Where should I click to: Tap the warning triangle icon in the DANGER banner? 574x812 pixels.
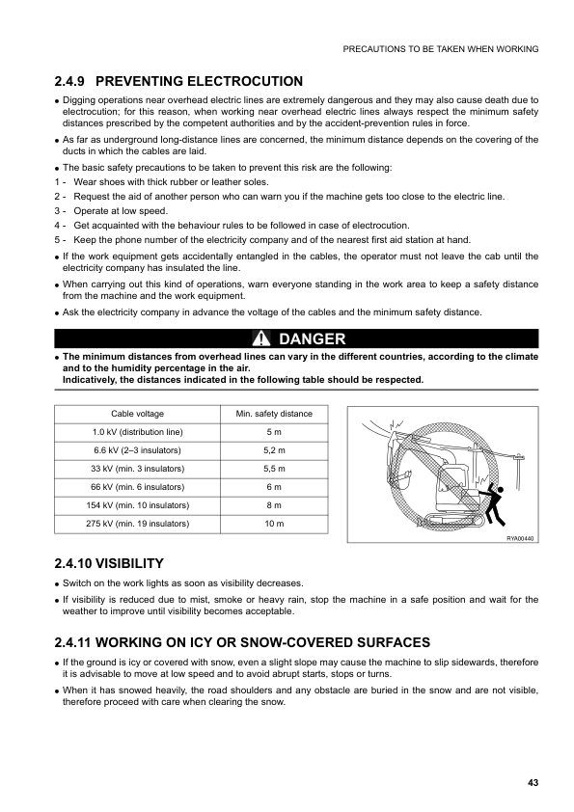coord(260,338)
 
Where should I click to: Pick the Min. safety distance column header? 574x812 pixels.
coord(273,414)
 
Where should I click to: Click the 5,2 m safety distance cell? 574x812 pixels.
coord(273,450)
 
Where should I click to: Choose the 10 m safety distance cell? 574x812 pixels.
coord(273,524)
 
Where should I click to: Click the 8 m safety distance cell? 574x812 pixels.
coord(273,505)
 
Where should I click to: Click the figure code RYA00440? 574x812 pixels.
coord(519,538)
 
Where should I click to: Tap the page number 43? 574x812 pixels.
coord(533,781)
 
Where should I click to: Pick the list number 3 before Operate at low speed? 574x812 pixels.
coord(59,210)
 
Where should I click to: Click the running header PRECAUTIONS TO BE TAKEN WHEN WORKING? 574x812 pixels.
coord(441,48)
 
